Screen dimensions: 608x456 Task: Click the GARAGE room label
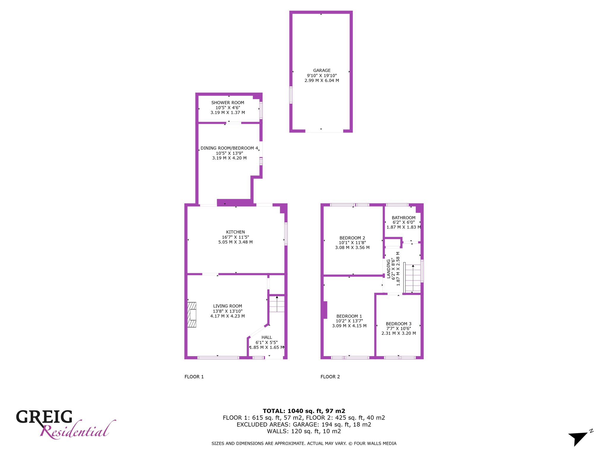pos(322,70)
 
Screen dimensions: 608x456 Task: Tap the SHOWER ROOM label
pos(228,103)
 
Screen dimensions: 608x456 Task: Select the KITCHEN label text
pos(235,232)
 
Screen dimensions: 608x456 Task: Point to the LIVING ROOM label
pos(227,306)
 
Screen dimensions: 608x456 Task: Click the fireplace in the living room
pos(192,315)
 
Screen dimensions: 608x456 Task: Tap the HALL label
pos(267,337)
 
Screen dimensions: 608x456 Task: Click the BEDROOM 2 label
pos(352,238)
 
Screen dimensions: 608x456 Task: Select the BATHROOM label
pos(403,218)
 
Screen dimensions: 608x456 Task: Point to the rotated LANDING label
pos(388,269)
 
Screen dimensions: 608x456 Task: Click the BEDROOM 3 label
pos(398,324)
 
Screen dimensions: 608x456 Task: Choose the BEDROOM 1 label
pos(349,316)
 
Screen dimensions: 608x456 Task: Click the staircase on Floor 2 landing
pos(412,278)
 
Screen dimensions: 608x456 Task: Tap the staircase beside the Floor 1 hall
pos(277,304)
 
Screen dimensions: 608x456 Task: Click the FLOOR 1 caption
pos(194,377)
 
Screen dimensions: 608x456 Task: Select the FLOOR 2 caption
pos(330,377)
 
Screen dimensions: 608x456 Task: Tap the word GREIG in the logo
pos(44,417)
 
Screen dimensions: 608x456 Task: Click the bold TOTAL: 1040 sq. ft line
pos(304,411)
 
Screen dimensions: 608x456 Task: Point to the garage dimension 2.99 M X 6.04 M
pos(322,80)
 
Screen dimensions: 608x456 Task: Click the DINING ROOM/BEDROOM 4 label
pos(229,148)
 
